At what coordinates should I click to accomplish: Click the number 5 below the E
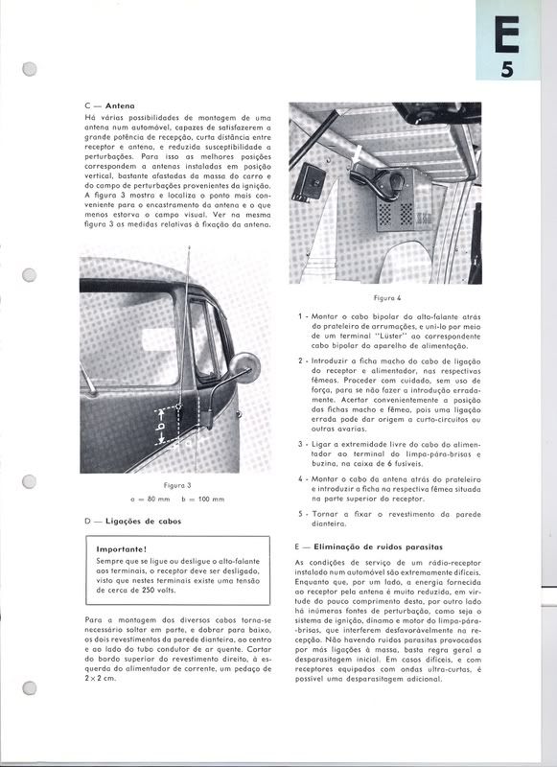click(x=508, y=69)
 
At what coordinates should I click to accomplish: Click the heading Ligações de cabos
click(x=145, y=521)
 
